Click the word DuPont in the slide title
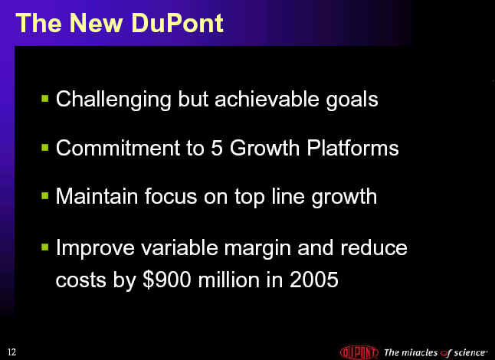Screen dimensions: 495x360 point(177,23)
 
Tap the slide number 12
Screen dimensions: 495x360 point(11,352)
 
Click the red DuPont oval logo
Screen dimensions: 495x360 point(359,352)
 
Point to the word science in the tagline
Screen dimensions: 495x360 point(470,352)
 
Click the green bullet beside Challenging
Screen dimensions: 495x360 point(45,98)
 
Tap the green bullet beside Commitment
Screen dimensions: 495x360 point(45,147)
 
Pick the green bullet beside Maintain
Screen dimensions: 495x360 point(45,195)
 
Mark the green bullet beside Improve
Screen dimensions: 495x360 point(45,247)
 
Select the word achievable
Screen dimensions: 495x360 point(267,99)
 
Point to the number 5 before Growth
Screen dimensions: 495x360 point(217,148)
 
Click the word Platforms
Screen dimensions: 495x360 point(352,148)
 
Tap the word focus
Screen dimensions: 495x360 point(171,196)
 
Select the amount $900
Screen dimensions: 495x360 point(167,280)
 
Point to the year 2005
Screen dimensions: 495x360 point(314,280)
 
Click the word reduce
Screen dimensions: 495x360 point(374,247)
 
